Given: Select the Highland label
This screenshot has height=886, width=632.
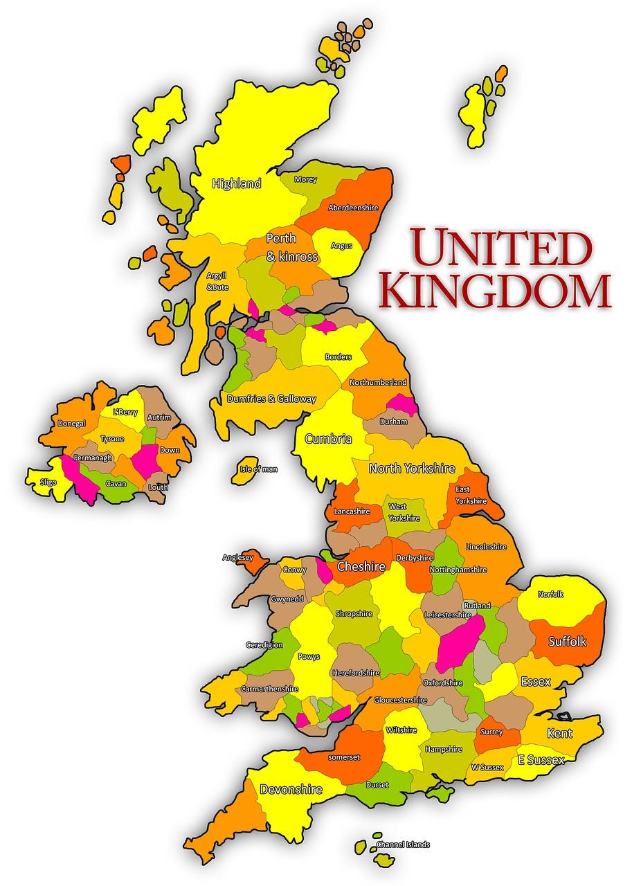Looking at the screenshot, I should click(x=237, y=183).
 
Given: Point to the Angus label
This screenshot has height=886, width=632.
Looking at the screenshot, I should click(x=341, y=246).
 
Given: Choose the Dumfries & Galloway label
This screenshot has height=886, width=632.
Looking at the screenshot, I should click(x=271, y=399).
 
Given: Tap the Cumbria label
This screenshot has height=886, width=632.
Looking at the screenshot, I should click(x=328, y=439).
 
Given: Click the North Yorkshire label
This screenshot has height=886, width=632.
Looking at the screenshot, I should click(x=412, y=469).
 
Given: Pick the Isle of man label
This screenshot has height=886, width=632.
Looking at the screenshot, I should click(x=258, y=469).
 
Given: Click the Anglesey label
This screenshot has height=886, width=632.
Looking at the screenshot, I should click(x=237, y=557).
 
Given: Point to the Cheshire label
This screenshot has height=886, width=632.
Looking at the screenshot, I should click(x=361, y=567).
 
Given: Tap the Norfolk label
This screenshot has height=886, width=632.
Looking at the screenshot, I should click(x=550, y=594).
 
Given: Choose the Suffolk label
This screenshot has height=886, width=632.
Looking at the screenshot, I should click(x=567, y=642).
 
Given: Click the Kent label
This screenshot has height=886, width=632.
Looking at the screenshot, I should click(x=559, y=733).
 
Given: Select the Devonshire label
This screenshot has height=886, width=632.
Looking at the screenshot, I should click(x=291, y=789).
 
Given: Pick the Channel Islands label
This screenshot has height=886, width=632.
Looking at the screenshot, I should click(x=403, y=844).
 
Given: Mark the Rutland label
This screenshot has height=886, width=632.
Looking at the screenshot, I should click(x=477, y=606).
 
